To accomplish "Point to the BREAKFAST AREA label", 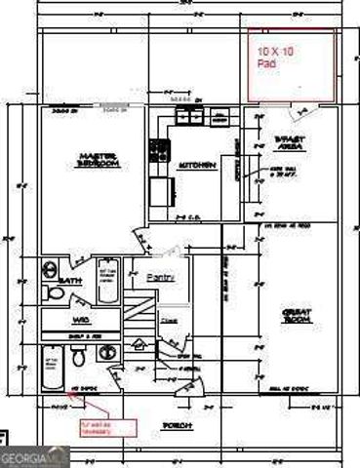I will click(x=290, y=142).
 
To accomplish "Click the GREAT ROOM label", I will click(x=296, y=316).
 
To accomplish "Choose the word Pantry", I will click(x=161, y=278).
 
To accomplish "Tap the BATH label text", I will click(x=68, y=281).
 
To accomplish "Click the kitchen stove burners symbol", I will click(x=157, y=150).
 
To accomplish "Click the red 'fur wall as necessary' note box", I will click(x=109, y=425).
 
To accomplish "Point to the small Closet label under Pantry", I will click(x=169, y=318).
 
